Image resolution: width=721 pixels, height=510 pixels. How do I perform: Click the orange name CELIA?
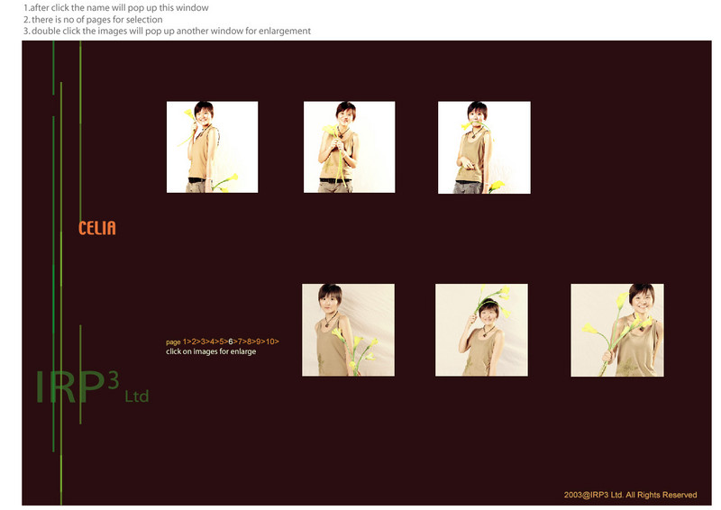click(97, 228)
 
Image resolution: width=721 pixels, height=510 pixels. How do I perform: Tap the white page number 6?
click(231, 342)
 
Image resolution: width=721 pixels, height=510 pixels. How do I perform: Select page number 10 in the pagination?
click(270, 342)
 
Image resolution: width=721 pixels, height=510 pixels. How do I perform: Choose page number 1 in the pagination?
click(185, 342)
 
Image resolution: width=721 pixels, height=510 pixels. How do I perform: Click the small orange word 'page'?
click(173, 342)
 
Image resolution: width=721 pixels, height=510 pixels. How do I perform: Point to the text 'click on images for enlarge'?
click(211, 351)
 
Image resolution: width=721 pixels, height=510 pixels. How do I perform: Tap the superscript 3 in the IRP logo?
click(114, 380)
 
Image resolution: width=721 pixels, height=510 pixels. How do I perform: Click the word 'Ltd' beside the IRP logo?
click(137, 396)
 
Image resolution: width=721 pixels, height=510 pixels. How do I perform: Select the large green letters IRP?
click(70, 387)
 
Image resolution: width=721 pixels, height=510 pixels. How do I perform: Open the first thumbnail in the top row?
click(212, 147)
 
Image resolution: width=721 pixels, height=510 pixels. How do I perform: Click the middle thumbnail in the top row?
click(349, 147)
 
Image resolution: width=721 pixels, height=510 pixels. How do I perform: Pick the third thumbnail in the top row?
click(484, 148)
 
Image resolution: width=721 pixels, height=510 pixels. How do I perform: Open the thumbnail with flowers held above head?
click(481, 330)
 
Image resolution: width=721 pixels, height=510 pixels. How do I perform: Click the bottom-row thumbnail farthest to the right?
click(617, 330)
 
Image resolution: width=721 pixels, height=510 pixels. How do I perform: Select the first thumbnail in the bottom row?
click(348, 330)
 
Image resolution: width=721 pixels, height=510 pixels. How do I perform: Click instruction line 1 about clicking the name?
click(116, 8)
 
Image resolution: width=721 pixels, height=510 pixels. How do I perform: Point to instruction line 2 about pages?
click(93, 20)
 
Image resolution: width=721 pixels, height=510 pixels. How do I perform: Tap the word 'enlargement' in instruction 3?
click(285, 32)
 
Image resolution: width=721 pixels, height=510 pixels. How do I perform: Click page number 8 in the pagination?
click(249, 342)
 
